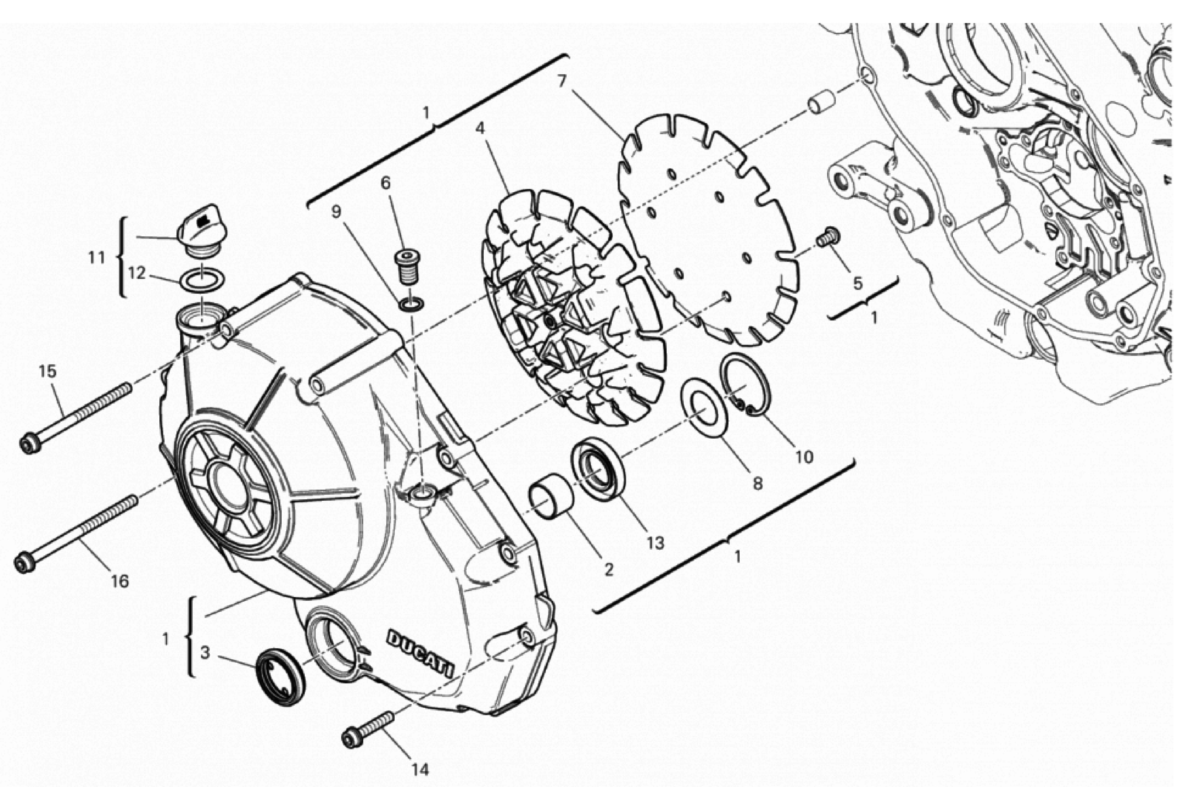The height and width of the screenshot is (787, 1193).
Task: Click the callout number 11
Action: point(96,257)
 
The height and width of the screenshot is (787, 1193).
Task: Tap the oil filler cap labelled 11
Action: point(202,232)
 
